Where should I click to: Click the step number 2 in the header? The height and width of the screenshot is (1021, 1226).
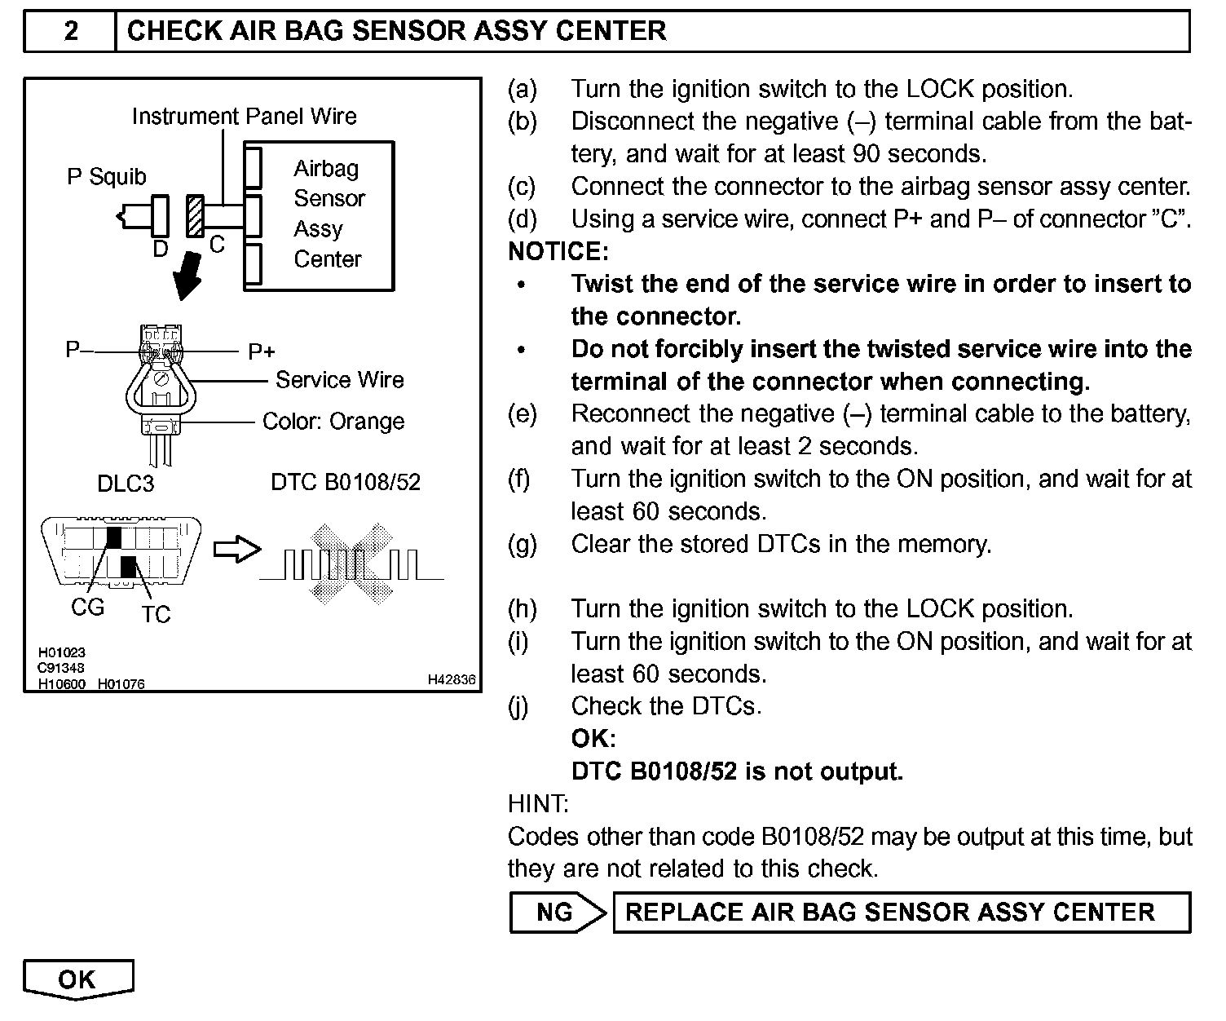click(x=71, y=31)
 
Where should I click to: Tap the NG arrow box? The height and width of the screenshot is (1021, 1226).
click(x=557, y=912)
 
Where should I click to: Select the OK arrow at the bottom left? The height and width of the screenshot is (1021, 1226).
click(x=77, y=979)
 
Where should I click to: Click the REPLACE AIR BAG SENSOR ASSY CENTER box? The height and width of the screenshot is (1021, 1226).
click(x=900, y=912)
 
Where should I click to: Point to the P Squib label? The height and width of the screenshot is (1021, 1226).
click(x=106, y=177)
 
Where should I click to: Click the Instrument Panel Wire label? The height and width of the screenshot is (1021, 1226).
click(x=244, y=117)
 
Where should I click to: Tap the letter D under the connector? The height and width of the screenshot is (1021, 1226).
click(x=161, y=249)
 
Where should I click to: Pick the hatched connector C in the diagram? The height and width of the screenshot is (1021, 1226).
click(x=195, y=216)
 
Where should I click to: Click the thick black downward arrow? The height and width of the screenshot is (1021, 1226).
click(x=188, y=276)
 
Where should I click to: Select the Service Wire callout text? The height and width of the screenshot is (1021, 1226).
click(x=339, y=380)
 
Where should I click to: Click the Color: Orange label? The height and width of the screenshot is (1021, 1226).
click(x=333, y=422)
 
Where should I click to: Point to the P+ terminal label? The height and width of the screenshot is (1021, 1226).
click(x=262, y=352)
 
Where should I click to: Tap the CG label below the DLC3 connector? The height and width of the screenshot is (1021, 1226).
click(x=88, y=608)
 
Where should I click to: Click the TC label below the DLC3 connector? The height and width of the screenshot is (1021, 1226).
click(x=155, y=614)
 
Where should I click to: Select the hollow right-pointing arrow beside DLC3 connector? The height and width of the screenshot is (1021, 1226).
click(x=236, y=549)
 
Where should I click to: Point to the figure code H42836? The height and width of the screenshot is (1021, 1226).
click(x=452, y=679)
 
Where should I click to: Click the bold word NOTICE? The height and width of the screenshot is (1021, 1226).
click(x=558, y=251)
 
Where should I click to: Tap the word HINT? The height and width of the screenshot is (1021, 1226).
click(x=538, y=804)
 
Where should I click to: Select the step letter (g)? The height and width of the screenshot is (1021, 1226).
click(x=523, y=544)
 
